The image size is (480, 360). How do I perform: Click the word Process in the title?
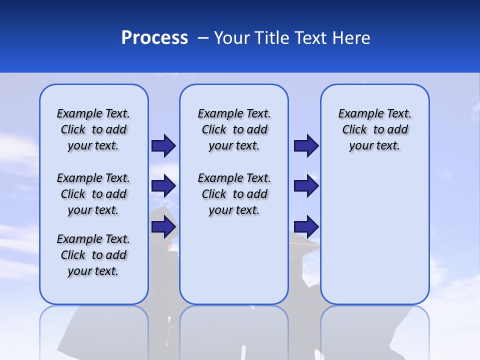(154, 38)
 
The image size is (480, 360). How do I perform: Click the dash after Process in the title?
(203, 38)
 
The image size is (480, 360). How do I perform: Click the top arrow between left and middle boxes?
(163, 145)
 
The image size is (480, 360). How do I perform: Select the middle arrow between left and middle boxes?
(163, 186)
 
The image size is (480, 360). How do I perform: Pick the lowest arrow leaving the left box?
(163, 227)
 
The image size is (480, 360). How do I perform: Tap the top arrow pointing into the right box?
(306, 145)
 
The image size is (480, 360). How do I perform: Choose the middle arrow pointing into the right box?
(306, 186)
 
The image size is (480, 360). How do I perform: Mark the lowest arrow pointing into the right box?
(306, 227)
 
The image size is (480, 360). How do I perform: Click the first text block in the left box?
(93, 129)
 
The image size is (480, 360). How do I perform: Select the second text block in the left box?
(93, 194)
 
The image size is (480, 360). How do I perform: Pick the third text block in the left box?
(93, 255)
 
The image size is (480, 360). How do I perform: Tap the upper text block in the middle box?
(234, 129)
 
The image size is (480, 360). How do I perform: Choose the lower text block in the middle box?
(234, 194)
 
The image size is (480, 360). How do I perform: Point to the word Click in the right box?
(354, 129)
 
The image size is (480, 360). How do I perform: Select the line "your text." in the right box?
(374, 146)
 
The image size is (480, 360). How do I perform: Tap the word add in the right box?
(398, 129)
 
